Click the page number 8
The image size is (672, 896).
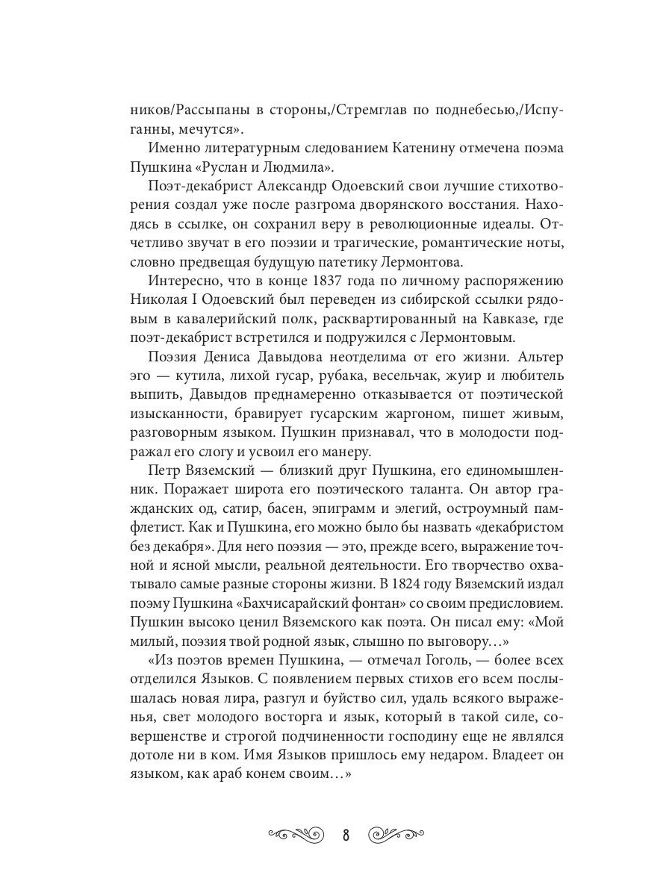coord(346,833)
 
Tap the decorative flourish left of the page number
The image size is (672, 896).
coord(297,833)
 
